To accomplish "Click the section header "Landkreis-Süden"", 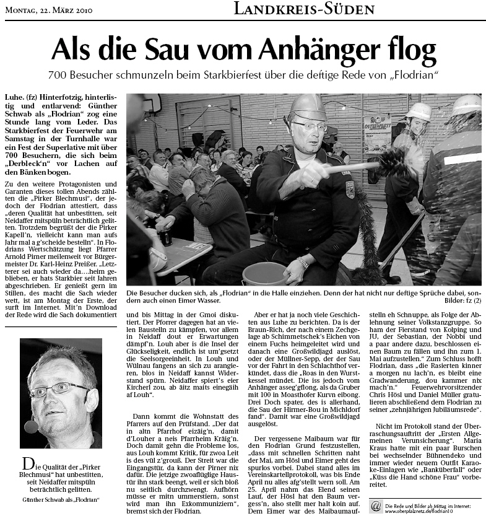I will (x=305, y=9).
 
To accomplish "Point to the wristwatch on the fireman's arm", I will (x=303, y=263).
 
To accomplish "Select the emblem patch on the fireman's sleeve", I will (x=350, y=189).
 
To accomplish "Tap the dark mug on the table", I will (x=165, y=237).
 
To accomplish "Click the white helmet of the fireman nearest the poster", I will (x=419, y=112).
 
